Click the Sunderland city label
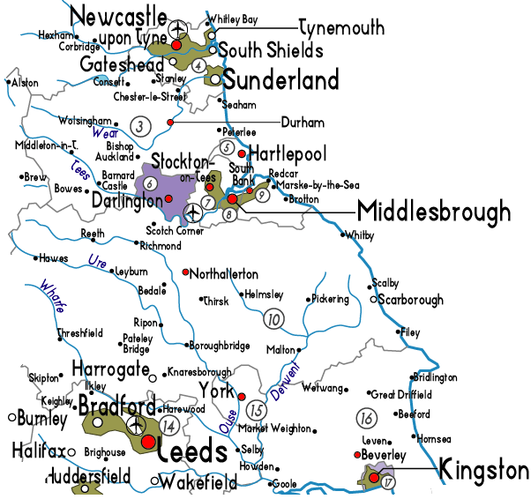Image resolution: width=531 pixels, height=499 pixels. coord(280,81)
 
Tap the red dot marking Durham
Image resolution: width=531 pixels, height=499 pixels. coord(169,122)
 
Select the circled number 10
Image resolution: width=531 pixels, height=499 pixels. coord(275,318)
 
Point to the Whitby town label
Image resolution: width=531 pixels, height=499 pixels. coord(359,235)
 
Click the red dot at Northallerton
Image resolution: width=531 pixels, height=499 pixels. coord(185,272)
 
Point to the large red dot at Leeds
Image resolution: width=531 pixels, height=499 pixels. coord(148,441)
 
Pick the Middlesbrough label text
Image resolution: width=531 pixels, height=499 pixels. coord(433,212)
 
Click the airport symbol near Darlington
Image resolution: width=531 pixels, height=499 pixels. coord(194,212)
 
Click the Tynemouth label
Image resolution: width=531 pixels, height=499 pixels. coord(341,27)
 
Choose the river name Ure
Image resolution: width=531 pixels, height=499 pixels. coord(98,261)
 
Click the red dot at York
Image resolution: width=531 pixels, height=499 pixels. coord(241,395)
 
